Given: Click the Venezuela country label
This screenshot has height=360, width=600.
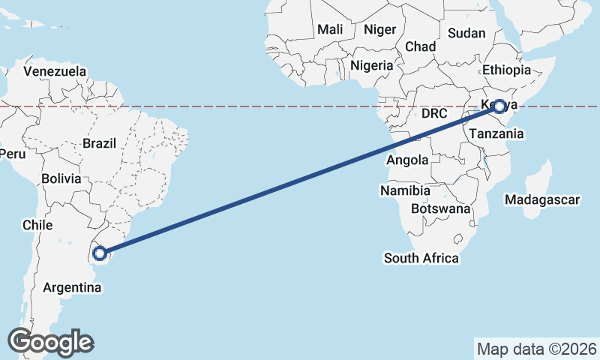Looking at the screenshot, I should [55, 72].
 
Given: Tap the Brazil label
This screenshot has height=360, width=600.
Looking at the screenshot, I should [99, 143].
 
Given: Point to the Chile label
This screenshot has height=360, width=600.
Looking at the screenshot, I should [37, 225].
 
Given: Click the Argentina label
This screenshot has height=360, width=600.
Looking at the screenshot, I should [72, 287].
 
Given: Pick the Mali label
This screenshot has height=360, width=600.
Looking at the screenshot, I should [330, 29].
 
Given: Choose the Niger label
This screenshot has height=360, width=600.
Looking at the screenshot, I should [379, 30].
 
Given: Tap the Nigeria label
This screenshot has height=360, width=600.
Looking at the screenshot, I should [371, 65].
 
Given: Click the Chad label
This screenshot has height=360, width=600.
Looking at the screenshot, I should [420, 46].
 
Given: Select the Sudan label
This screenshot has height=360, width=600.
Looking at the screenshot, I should [466, 33].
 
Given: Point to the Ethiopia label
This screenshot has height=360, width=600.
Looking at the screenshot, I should [506, 70].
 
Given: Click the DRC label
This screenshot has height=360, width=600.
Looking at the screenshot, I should [434, 114].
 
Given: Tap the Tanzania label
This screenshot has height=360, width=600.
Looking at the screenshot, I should [496, 133].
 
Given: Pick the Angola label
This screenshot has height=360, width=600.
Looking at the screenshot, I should [408, 160].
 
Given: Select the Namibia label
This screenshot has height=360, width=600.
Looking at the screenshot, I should [404, 191].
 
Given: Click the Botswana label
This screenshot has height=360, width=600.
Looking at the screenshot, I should [441, 208].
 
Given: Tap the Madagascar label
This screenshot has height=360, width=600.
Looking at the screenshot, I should [542, 200].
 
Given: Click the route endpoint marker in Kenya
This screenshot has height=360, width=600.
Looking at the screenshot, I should [498, 106].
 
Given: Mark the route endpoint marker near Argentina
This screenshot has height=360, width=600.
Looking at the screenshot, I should [100, 253].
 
